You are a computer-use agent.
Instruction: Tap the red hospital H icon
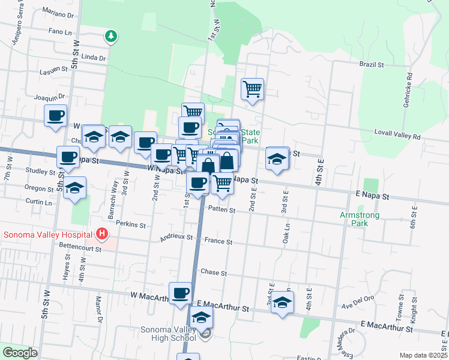103,234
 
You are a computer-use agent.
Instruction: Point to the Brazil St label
372,64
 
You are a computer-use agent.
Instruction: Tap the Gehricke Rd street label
409,89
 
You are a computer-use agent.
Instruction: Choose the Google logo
20,353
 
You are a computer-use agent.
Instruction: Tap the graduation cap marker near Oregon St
74,188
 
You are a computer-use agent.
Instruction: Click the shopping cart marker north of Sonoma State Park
253,89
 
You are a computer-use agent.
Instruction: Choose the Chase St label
214,272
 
